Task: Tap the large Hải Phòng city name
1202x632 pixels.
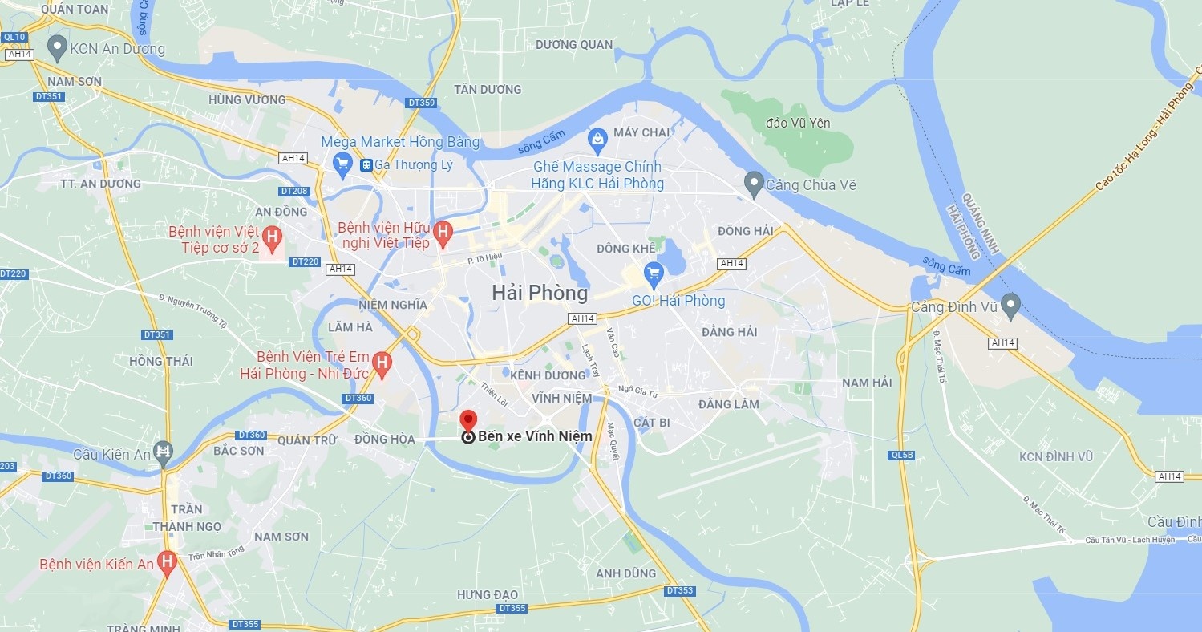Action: [540, 294]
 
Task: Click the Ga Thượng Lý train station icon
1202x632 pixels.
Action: [366, 165]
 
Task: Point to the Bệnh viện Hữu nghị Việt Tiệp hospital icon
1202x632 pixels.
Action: [442, 234]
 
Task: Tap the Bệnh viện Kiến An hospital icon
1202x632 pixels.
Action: [167, 562]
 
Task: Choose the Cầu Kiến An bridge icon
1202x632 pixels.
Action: [164, 452]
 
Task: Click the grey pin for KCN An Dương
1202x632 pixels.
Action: [57, 47]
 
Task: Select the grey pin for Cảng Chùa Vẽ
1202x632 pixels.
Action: [753, 184]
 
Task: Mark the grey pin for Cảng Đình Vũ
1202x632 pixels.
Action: [1010, 305]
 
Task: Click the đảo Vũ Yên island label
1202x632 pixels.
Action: [798, 123]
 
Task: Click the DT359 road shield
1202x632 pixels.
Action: [421, 103]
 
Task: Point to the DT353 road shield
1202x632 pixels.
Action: [679, 590]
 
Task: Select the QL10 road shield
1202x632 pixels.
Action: [14, 37]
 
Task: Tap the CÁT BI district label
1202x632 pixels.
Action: [651, 423]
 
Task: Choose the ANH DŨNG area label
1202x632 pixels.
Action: [625, 573]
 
